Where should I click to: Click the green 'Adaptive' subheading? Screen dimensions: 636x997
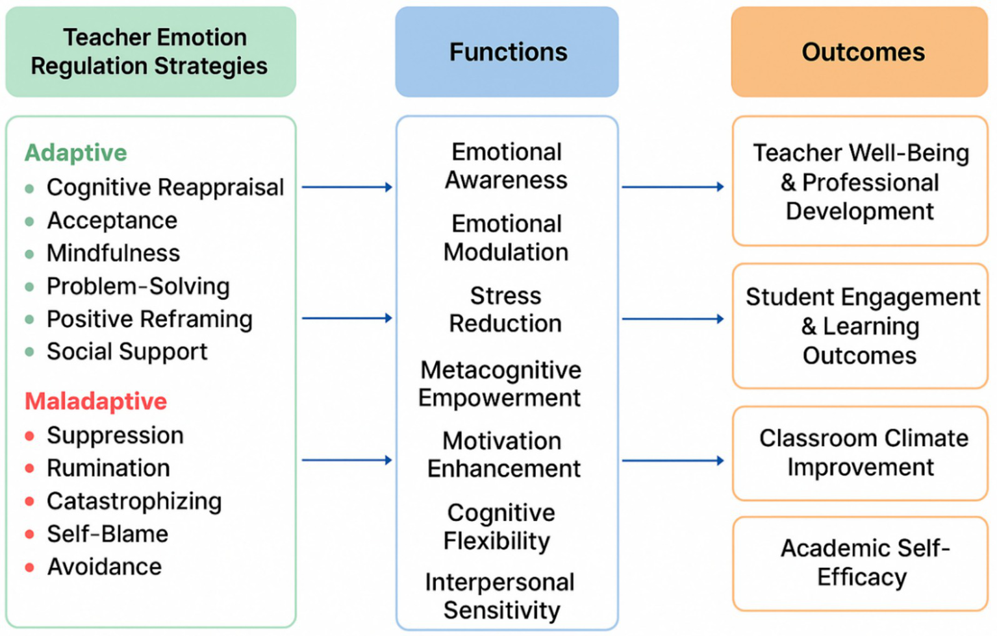pos(76,153)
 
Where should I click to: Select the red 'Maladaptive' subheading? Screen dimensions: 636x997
pos(96,401)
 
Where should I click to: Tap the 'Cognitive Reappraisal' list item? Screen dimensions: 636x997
pos(165,188)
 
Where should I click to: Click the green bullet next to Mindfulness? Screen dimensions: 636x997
pos(29,254)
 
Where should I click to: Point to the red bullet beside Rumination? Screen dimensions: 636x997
pos(29,469)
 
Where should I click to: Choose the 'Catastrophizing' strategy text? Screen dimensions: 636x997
pos(134,502)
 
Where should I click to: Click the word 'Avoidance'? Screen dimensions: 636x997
pos(104,567)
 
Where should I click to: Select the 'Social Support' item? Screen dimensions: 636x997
pos(127,352)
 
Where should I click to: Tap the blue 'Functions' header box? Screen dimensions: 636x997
pos(507,52)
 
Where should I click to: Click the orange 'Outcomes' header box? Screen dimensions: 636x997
pos(860,52)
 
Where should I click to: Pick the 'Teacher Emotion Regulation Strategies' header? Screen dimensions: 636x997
pos(151,52)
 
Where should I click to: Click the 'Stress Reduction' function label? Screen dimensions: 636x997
pos(505,310)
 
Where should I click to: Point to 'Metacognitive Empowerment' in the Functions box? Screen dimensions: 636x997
pos(500,384)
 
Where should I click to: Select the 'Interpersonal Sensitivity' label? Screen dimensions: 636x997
pos(500,596)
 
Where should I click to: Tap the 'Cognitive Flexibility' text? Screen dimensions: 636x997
pos(499,526)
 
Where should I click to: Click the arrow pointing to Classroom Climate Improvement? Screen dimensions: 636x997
pos(673,461)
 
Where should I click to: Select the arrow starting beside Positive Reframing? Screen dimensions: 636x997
pos(347,318)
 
